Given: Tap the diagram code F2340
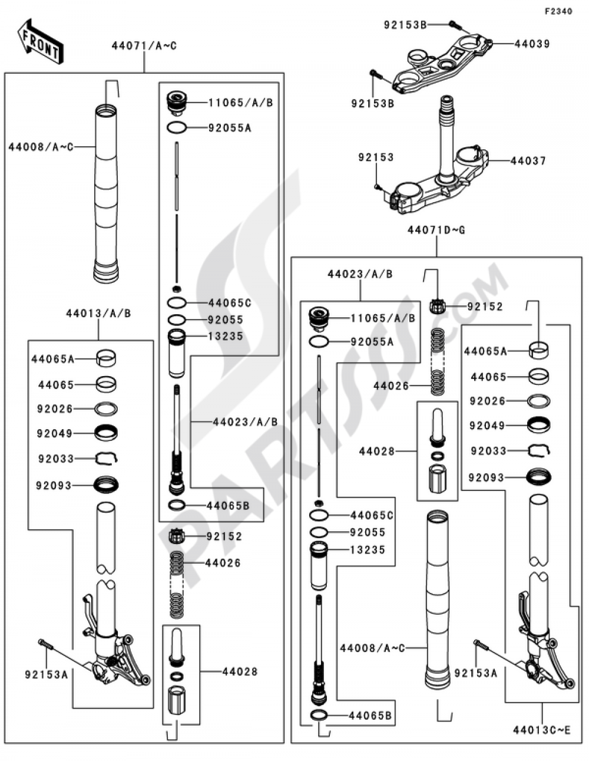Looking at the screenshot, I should (557, 11).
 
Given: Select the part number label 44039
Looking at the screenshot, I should (532, 44).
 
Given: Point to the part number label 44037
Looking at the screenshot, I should (528, 160).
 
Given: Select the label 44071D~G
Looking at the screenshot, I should (436, 230).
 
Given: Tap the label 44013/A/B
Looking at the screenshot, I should (98, 313).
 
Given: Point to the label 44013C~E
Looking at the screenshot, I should (541, 730).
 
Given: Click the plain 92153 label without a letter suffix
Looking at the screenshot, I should (376, 157).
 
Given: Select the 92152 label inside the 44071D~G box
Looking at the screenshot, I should (485, 307).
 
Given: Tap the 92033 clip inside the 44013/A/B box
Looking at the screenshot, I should (107, 457).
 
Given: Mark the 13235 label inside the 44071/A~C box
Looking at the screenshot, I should (226, 336).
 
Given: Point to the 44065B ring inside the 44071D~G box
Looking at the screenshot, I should (319, 716).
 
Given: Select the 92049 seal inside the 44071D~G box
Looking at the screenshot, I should (538, 424).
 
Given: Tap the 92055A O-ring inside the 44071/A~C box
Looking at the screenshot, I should (177, 127).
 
